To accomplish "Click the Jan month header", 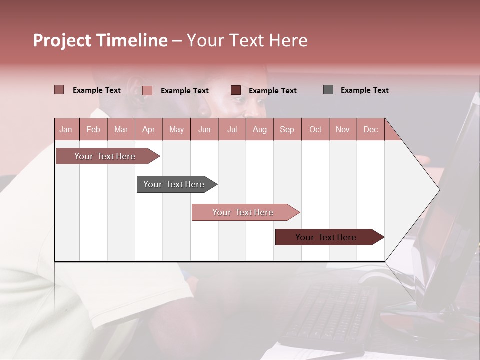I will pos(66,129).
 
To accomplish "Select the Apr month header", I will pos(148,129).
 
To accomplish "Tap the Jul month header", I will pos(232,129).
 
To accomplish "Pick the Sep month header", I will pos(287,129).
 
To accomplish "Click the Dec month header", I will pos(370,129).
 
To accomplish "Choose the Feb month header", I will pos(93,129).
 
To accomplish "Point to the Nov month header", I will pos(342,129).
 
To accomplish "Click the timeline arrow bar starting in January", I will pos(105,156).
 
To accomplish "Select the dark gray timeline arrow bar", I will pos(174,184).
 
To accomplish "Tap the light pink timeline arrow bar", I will pos(243,212).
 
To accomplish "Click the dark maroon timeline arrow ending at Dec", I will pos(326,237).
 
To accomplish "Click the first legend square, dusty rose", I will pos(59,90).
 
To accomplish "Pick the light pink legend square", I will pos(147,90).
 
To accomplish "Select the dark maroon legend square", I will pos(236,90).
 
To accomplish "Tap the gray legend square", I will pos(328,90).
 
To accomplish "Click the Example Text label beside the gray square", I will pos(364,90).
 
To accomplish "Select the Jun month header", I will pos(204,129).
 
